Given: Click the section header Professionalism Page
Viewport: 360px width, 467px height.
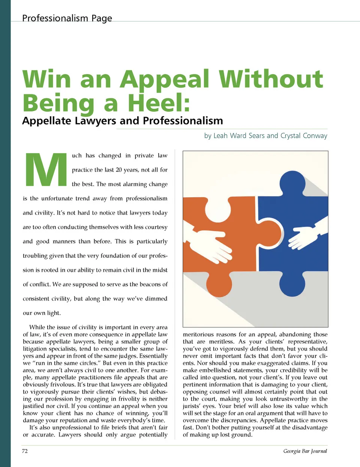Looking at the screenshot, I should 67,18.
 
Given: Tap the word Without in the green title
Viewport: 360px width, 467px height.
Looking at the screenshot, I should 270,79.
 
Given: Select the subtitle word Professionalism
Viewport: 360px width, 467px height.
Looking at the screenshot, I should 183,121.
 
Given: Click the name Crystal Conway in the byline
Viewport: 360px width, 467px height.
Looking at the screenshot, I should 304,136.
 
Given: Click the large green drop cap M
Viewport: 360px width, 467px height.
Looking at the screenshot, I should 46,170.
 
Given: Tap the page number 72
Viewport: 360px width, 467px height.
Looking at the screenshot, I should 25,451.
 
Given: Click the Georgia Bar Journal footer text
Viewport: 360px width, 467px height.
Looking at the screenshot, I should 305,451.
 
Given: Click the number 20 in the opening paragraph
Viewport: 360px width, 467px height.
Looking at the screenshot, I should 118,170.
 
